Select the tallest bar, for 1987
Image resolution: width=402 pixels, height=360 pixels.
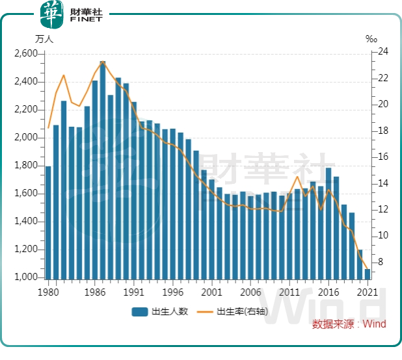coord(103,169)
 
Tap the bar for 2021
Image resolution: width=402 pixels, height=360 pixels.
coord(368,274)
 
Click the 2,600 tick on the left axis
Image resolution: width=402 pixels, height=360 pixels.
coord(27,54)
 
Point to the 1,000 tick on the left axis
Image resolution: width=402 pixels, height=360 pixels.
coord(27,277)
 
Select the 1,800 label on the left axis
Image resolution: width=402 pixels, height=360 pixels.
coord(27,166)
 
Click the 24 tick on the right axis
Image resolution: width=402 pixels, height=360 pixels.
coord(383,52)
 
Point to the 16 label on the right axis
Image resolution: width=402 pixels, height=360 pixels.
coord(383,157)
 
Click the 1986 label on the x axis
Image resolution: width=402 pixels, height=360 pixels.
coord(95,292)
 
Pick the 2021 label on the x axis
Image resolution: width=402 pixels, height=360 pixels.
coord(368,292)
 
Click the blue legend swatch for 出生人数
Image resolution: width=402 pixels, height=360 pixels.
coord(139,312)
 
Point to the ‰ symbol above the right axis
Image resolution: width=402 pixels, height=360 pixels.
coord(371,39)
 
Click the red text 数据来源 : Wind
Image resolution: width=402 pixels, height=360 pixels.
coord(349,324)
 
